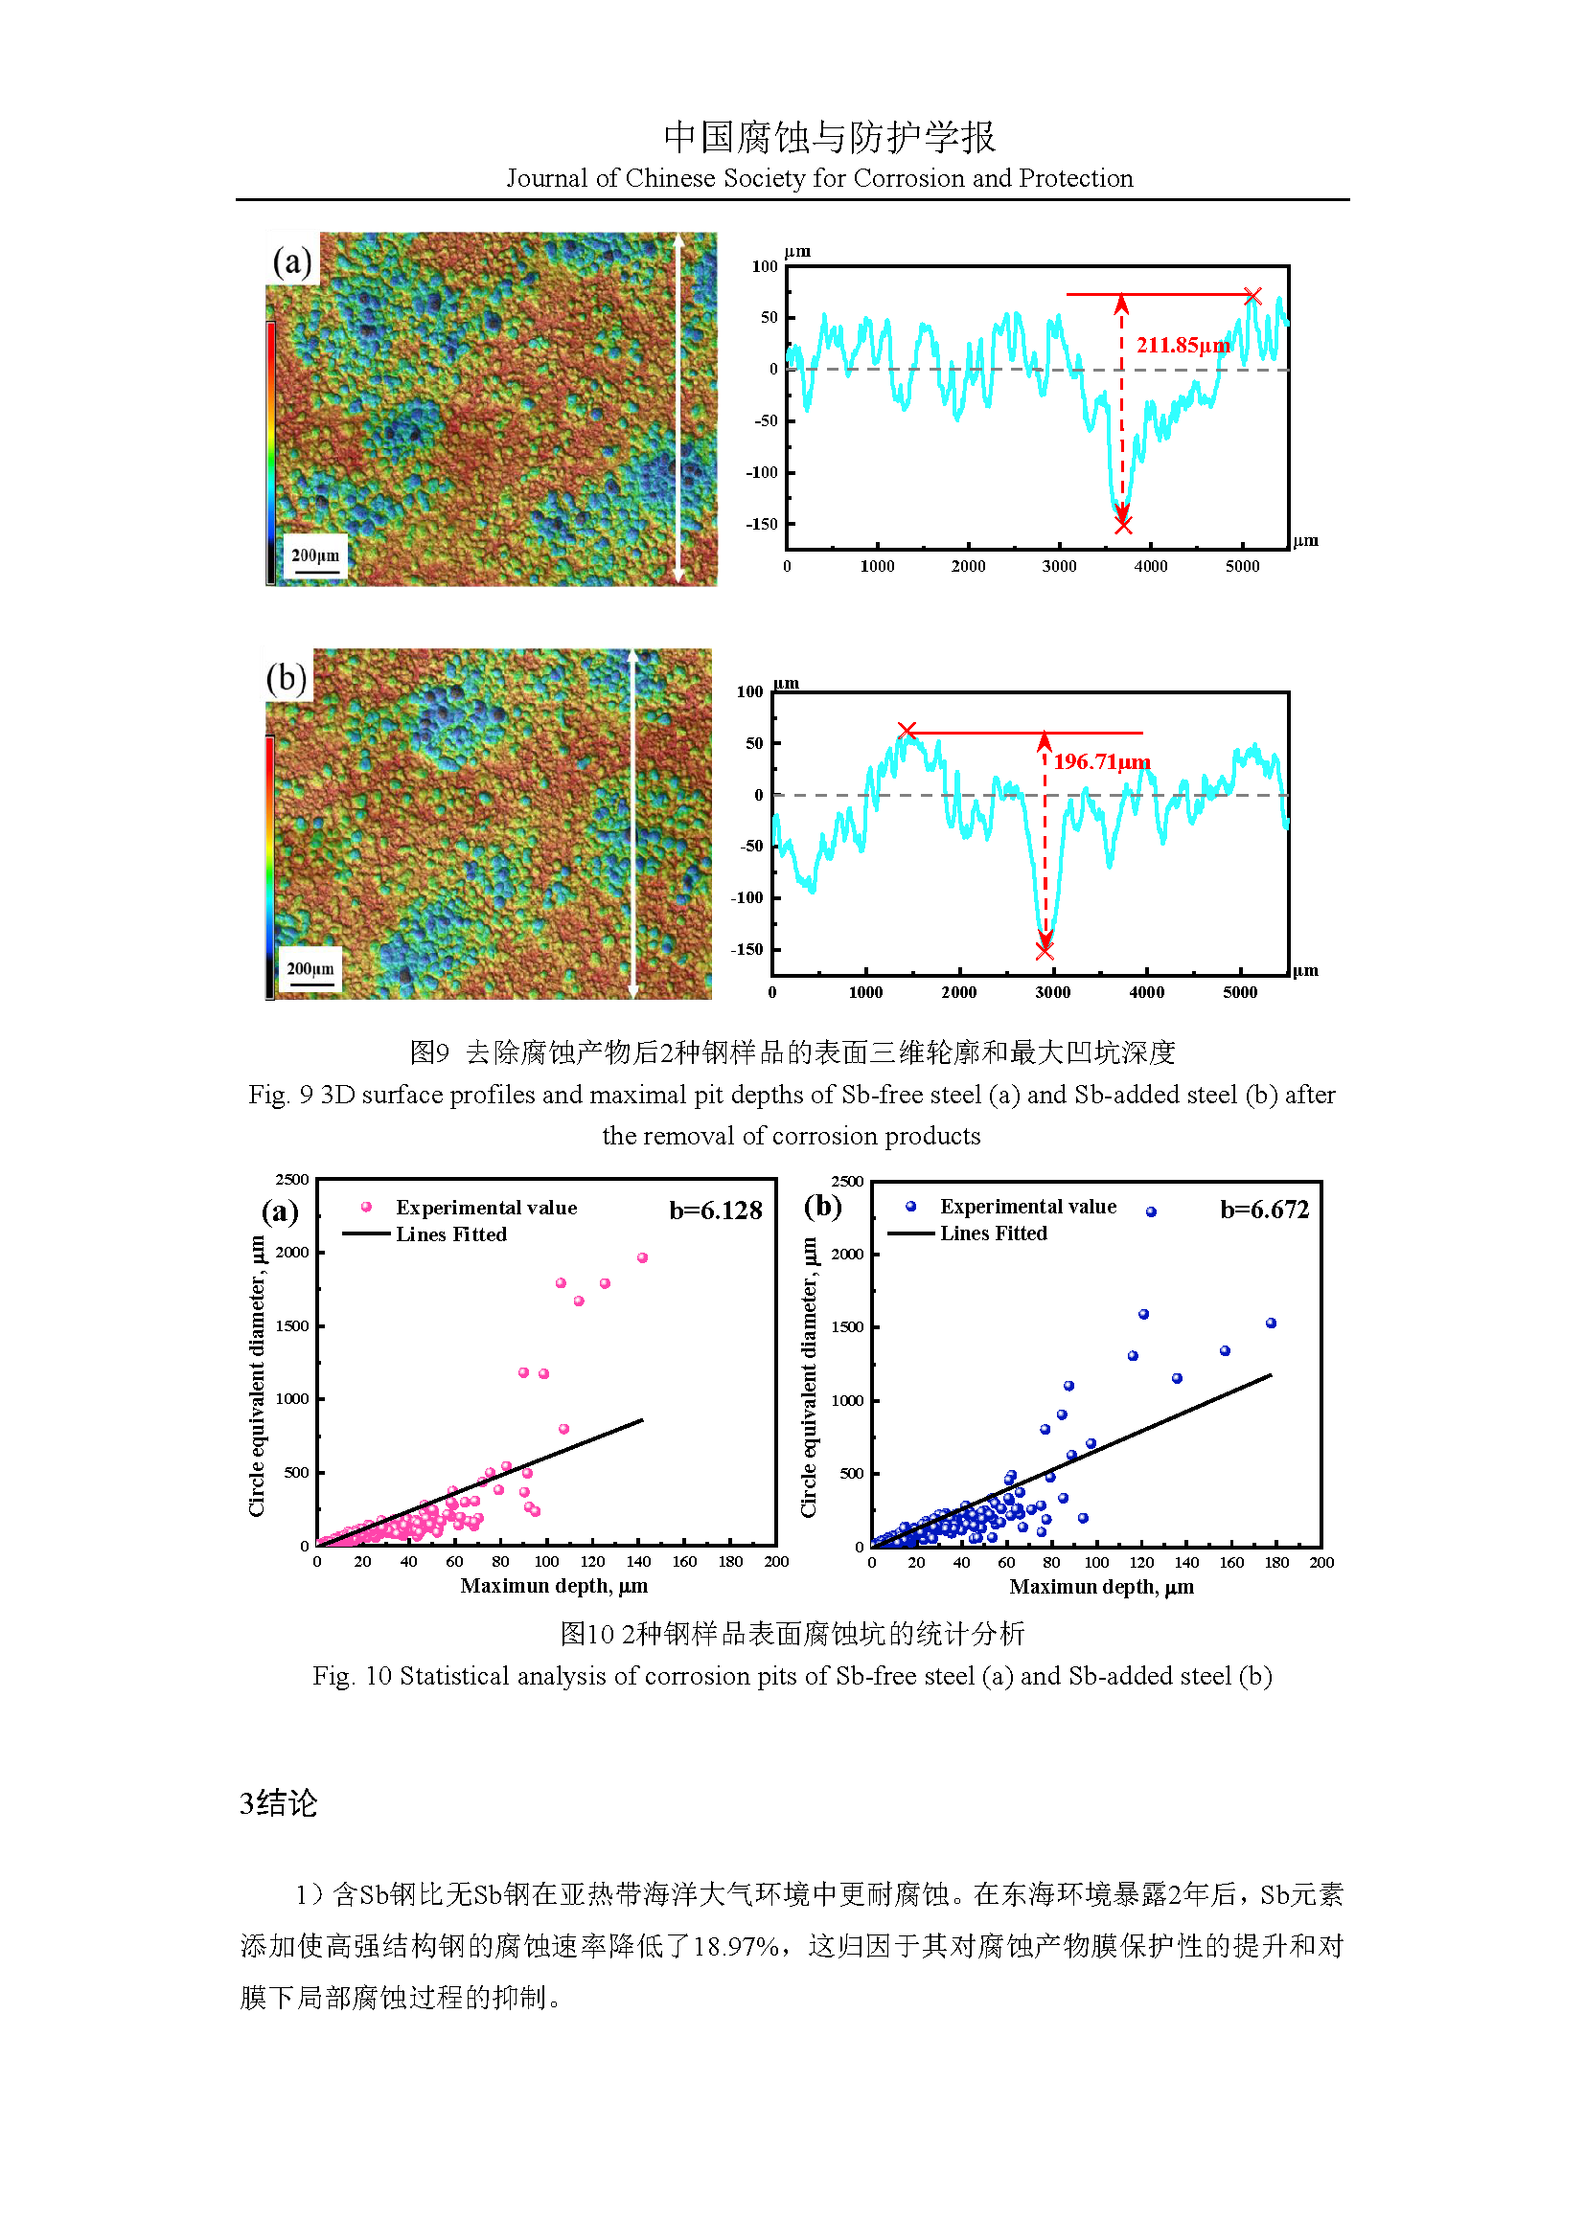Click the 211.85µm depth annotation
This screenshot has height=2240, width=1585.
pyautogui.click(x=1182, y=346)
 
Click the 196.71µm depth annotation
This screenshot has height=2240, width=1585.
pyautogui.click(x=1102, y=761)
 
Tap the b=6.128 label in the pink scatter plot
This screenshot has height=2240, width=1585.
pyautogui.click(x=716, y=1211)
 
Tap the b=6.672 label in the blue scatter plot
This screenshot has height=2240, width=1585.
pyautogui.click(x=1264, y=1210)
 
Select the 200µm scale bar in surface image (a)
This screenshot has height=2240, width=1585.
pyautogui.click(x=315, y=558)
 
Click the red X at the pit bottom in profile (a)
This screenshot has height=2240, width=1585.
pyautogui.click(x=1123, y=526)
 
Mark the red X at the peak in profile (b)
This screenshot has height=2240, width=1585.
pyautogui.click(x=907, y=731)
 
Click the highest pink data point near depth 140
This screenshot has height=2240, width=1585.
pyautogui.click(x=642, y=1257)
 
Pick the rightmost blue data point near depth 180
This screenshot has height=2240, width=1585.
pyautogui.click(x=1271, y=1323)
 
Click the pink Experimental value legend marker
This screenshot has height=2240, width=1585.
pyautogui.click(x=366, y=1207)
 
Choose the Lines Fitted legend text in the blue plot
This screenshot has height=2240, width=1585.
pyautogui.click(x=993, y=1233)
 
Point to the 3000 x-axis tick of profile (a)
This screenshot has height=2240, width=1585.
pyautogui.click(x=1059, y=566)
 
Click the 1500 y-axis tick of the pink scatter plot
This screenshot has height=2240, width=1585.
pyautogui.click(x=292, y=1325)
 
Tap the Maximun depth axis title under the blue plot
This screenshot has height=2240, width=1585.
pyautogui.click(x=1101, y=1586)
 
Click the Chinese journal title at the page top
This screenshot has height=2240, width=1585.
pyautogui.click(x=830, y=138)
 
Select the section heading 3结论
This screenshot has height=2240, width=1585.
pyautogui.click(x=278, y=1803)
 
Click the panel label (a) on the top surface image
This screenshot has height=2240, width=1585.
pyautogui.click(x=292, y=261)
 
